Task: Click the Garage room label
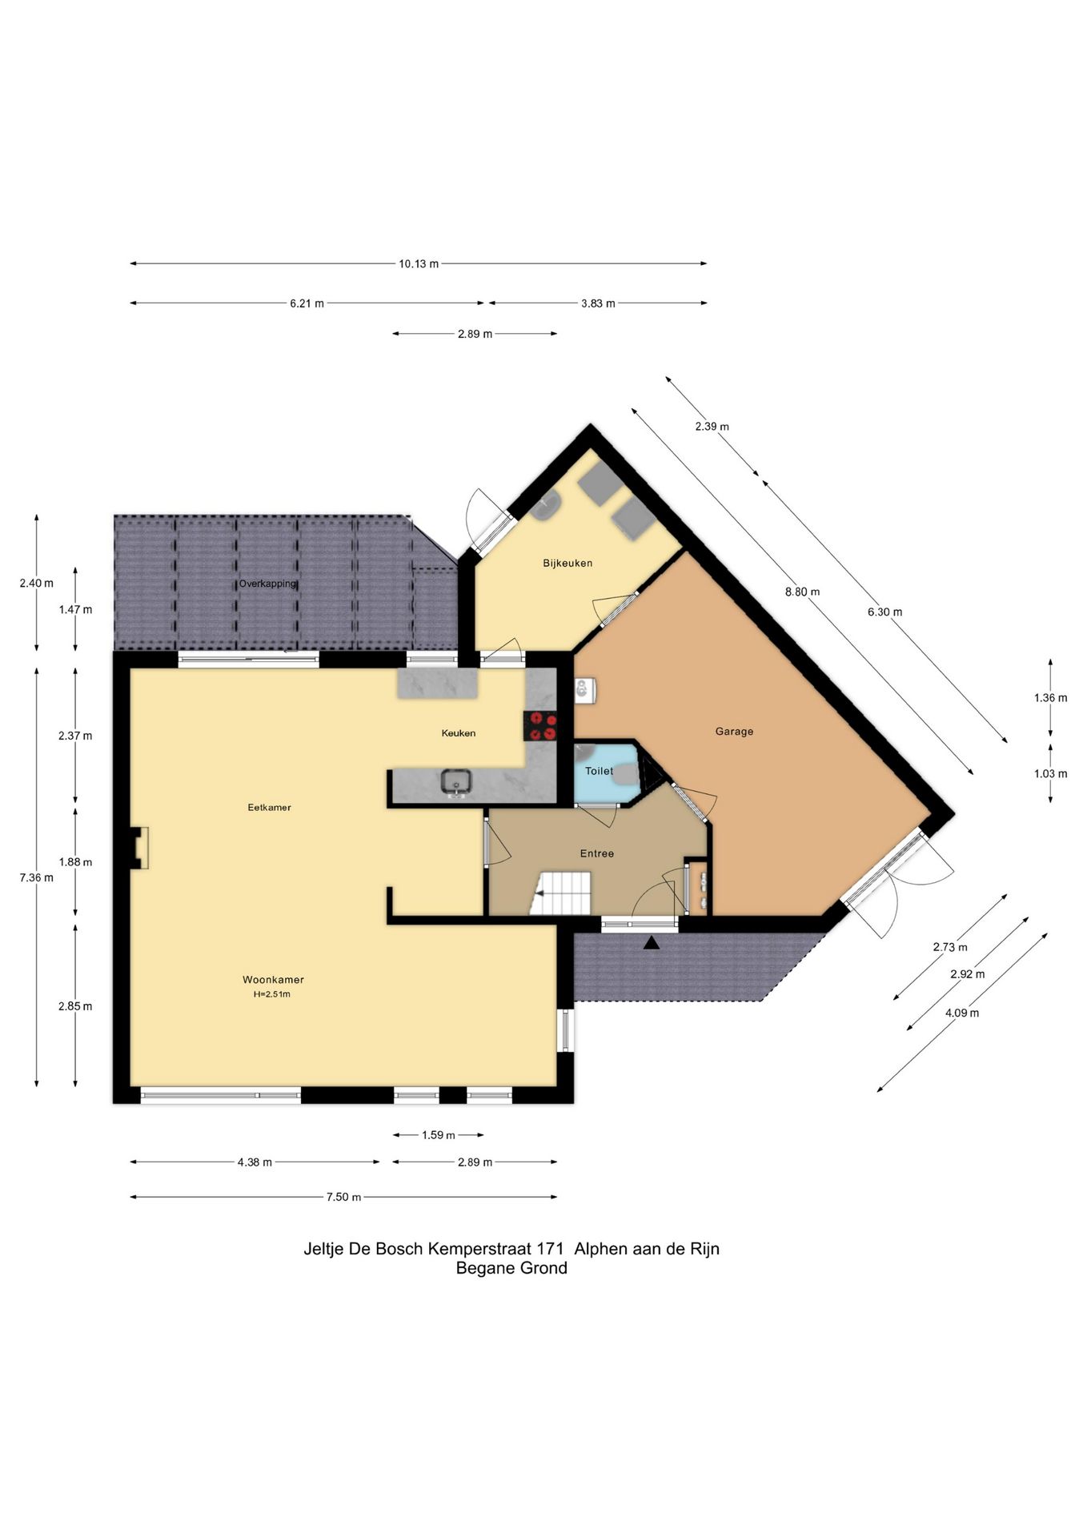[x=734, y=731]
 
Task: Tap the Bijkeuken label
[x=568, y=563]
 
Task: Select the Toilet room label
[x=599, y=771]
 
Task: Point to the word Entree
[x=597, y=853]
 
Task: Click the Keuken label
[x=459, y=732]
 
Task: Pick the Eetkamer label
[x=269, y=807]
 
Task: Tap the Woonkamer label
[x=273, y=979]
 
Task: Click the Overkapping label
[x=267, y=584]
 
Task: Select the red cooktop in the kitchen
[x=540, y=726]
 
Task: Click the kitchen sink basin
[x=456, y=781]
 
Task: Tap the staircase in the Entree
[x=562, y=893]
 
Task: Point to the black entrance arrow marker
[x=652, y=943]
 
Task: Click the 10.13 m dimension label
[x=419, y=263]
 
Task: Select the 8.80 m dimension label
[x=802, y=592]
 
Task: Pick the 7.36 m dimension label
[x=37, y=877]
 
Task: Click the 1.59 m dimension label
[x=438, y=1134]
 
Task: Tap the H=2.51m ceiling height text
[x=272, y=994]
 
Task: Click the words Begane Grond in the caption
[x=511, y=1268]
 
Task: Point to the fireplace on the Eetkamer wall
[x=139, y=847]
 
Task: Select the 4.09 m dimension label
[x=962, y=1013]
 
